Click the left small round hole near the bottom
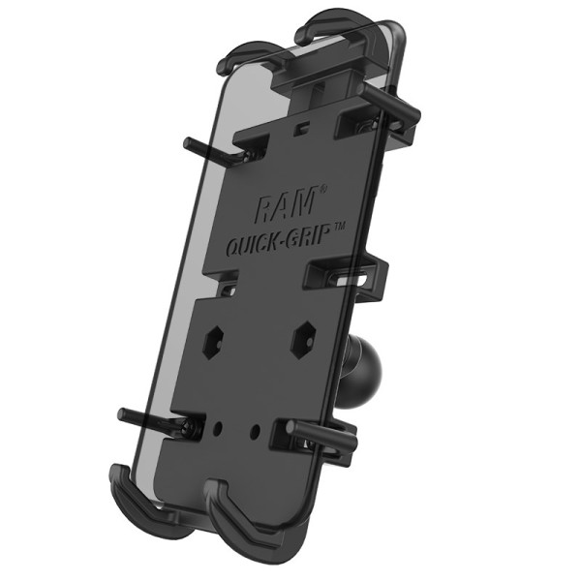[x=221, y=423]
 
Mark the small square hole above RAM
[x=303, y=127]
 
